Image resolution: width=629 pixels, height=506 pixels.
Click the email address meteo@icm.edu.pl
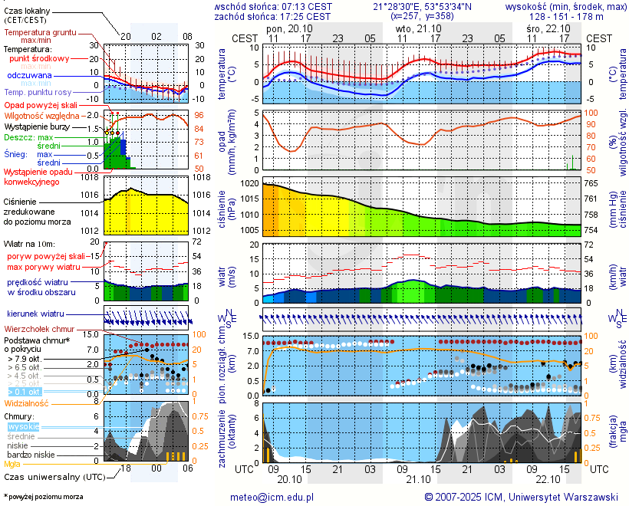pyautogui.click(x=272, y=497)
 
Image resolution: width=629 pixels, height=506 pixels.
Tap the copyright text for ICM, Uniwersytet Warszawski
pyautogui.click(x=522, y=497)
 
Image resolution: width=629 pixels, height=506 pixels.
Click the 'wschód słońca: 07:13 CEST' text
pyautogui.click(x=272, y=6)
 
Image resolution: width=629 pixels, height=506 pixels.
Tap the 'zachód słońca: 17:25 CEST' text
pyautogui.click(x=272, y=16)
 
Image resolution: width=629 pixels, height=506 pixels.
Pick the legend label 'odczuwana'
pyautogui.click(x=30, y=76)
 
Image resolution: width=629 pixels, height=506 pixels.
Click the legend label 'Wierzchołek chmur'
pyautogui.click(x=41, y=329)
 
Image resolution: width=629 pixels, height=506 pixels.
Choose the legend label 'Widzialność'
pyautogui.click(x=27, y=402)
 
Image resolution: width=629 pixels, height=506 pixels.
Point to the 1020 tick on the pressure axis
pyautogui.click(x=250, y=184)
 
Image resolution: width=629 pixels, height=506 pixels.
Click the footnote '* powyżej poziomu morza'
pyautogui.click(x=43, y=497)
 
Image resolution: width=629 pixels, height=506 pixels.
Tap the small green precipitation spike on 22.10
pyautogui.click(x=572, y=163)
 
